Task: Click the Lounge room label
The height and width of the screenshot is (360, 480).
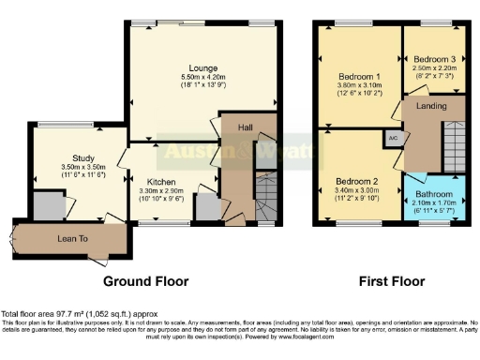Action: coord(202,67)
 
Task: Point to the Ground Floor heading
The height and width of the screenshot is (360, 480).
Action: coord(145,281)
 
